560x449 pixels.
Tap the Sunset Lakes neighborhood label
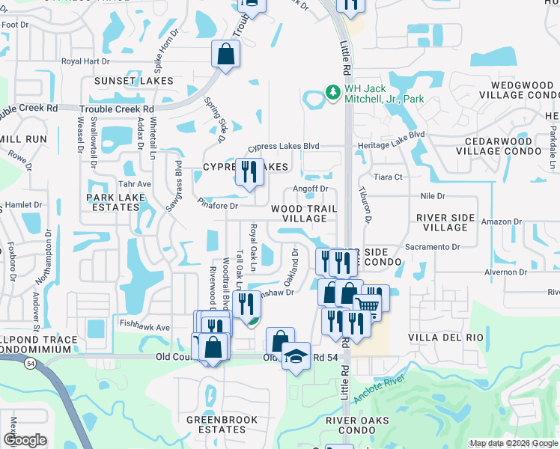click(133, 80)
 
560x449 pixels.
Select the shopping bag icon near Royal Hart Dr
click(225, 54)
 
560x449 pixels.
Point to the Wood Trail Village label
click(303, 213)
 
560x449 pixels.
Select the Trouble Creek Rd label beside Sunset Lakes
click(122, 109)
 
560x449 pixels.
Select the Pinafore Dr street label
click(218, 206)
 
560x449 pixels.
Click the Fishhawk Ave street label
click(144, 327)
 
